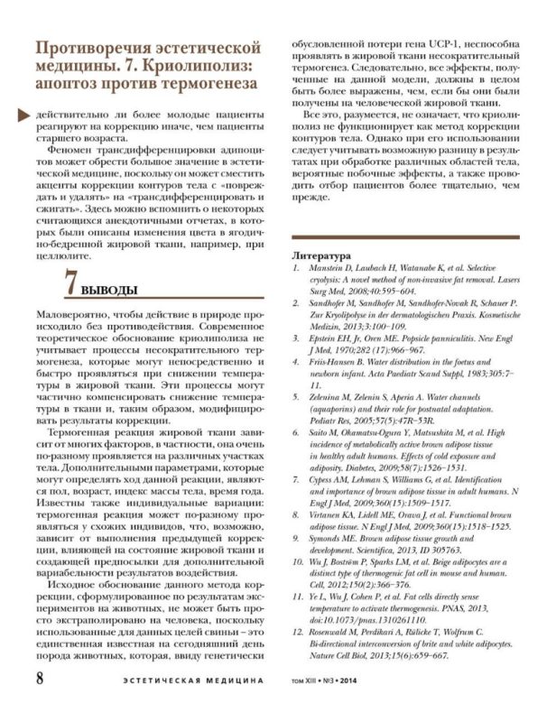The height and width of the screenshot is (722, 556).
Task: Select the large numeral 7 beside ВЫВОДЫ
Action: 74,282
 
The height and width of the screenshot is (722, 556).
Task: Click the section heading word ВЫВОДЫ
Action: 115,289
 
